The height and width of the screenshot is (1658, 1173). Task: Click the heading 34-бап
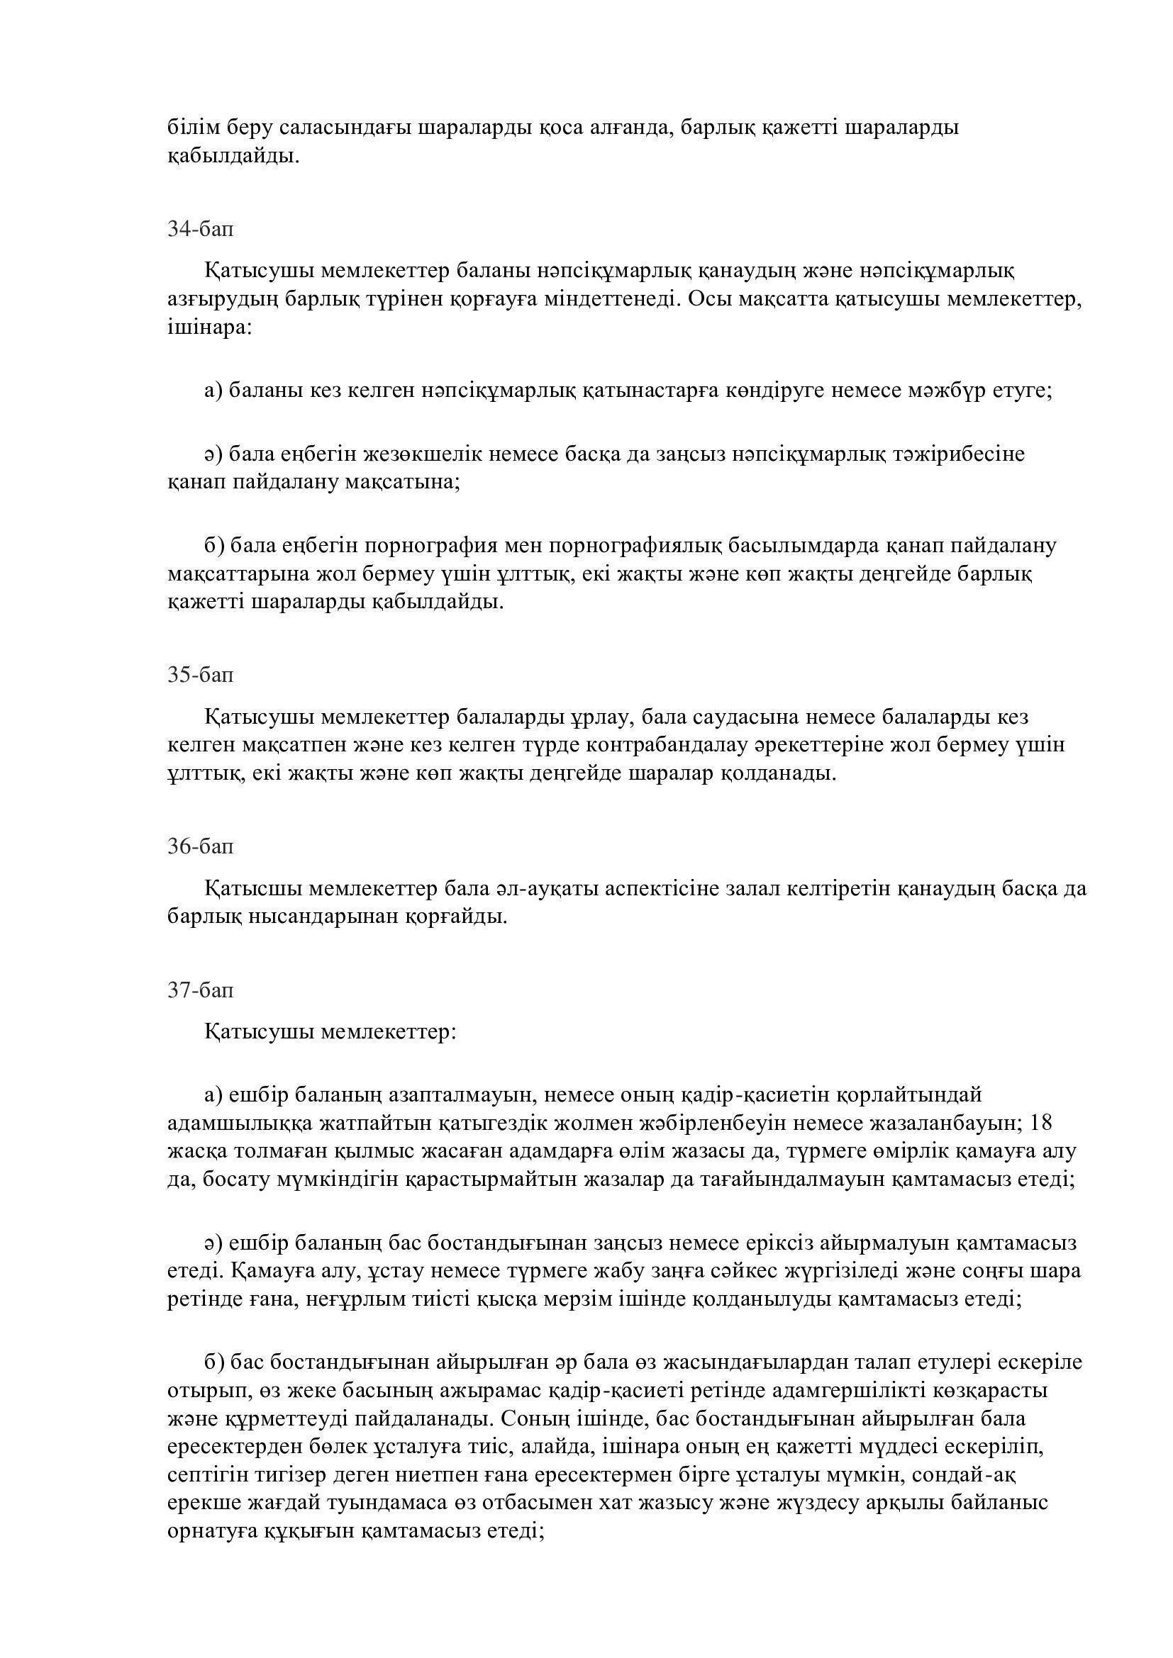[201, 230]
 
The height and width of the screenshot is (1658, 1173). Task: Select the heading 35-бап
[201, 676]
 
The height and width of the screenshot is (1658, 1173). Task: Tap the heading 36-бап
[201, 846]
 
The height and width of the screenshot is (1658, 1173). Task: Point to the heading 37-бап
[201, 990]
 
